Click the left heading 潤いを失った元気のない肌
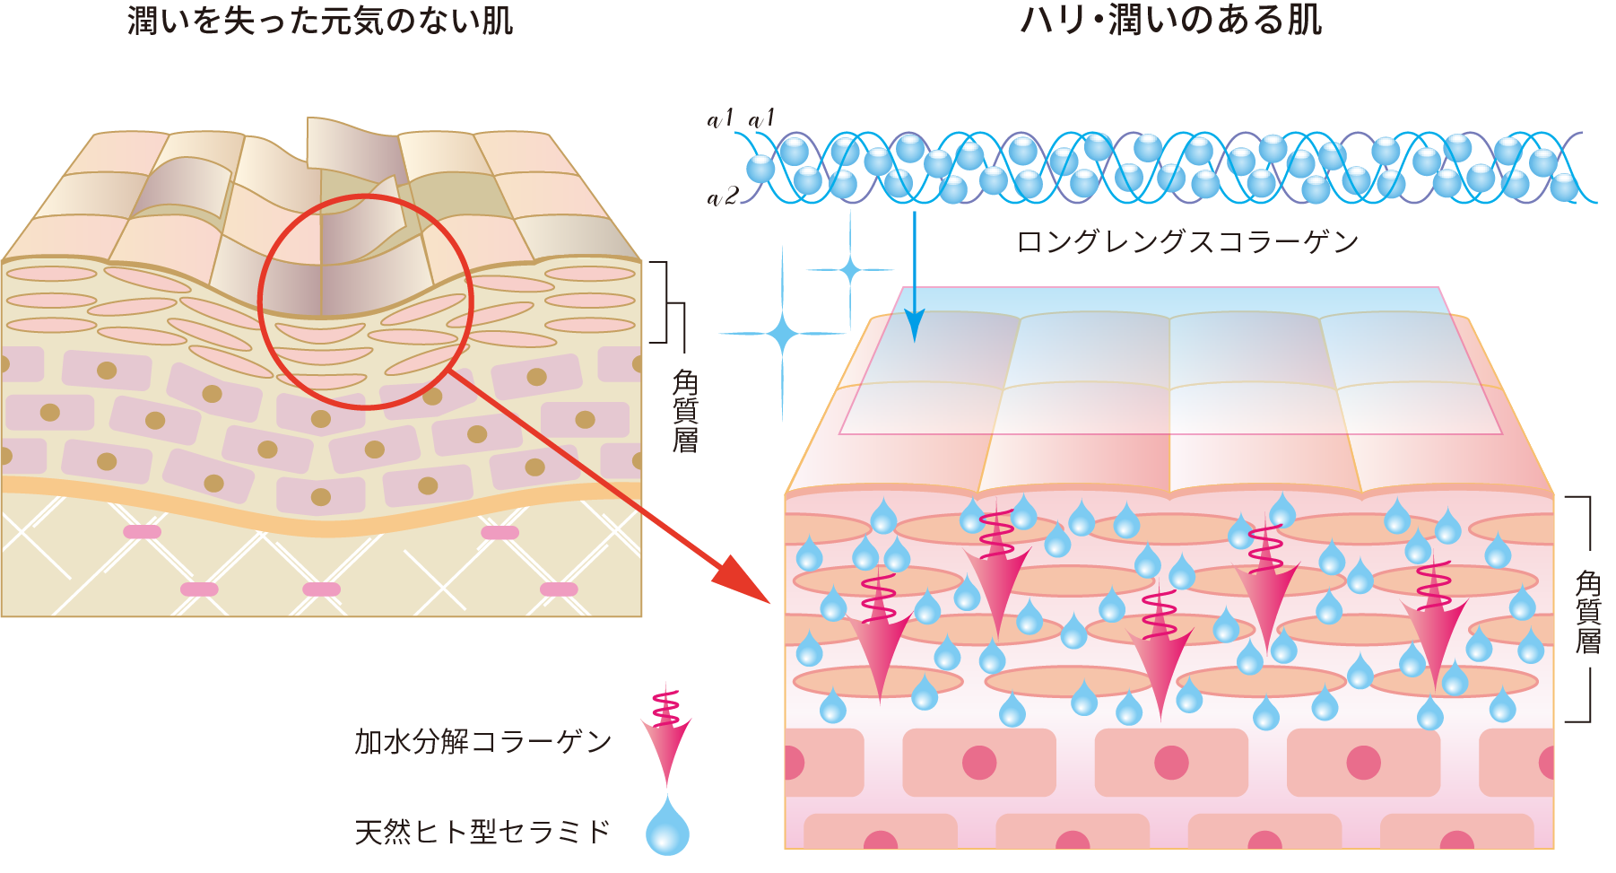(x=320, y=20)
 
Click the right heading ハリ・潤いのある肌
(x=1171, y=20)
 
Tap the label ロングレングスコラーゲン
(x=1186, y=242)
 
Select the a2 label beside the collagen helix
(x=722, y=196)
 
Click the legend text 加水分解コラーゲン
(x=482, y=742)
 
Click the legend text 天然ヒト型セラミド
(x=482, y=832)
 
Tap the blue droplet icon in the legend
(x=667, y=827)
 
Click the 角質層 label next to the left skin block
(x=685, y=411)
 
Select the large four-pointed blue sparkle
(x=782, y=334)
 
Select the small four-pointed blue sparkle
(x=849, y=268)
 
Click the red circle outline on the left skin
(x=260, y=301)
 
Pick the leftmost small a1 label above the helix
(x=720, y=118)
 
